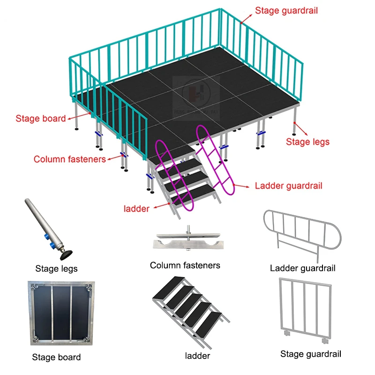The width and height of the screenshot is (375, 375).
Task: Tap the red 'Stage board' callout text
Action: pos(41,119)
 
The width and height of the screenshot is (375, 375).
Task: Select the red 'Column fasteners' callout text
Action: pos(70,159)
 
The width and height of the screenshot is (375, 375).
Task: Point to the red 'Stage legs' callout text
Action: pos(308,142)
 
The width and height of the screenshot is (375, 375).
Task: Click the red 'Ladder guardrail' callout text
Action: pos(289,186)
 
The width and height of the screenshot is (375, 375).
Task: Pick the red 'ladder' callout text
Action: pos(137,209)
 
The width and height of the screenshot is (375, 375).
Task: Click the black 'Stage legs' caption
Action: pos(56,269)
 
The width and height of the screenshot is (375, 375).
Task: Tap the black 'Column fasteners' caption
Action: pos(185,266)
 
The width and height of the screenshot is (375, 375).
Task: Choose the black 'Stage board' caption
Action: pos(56,358)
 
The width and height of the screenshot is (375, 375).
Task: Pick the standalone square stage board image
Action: pos(61,313)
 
